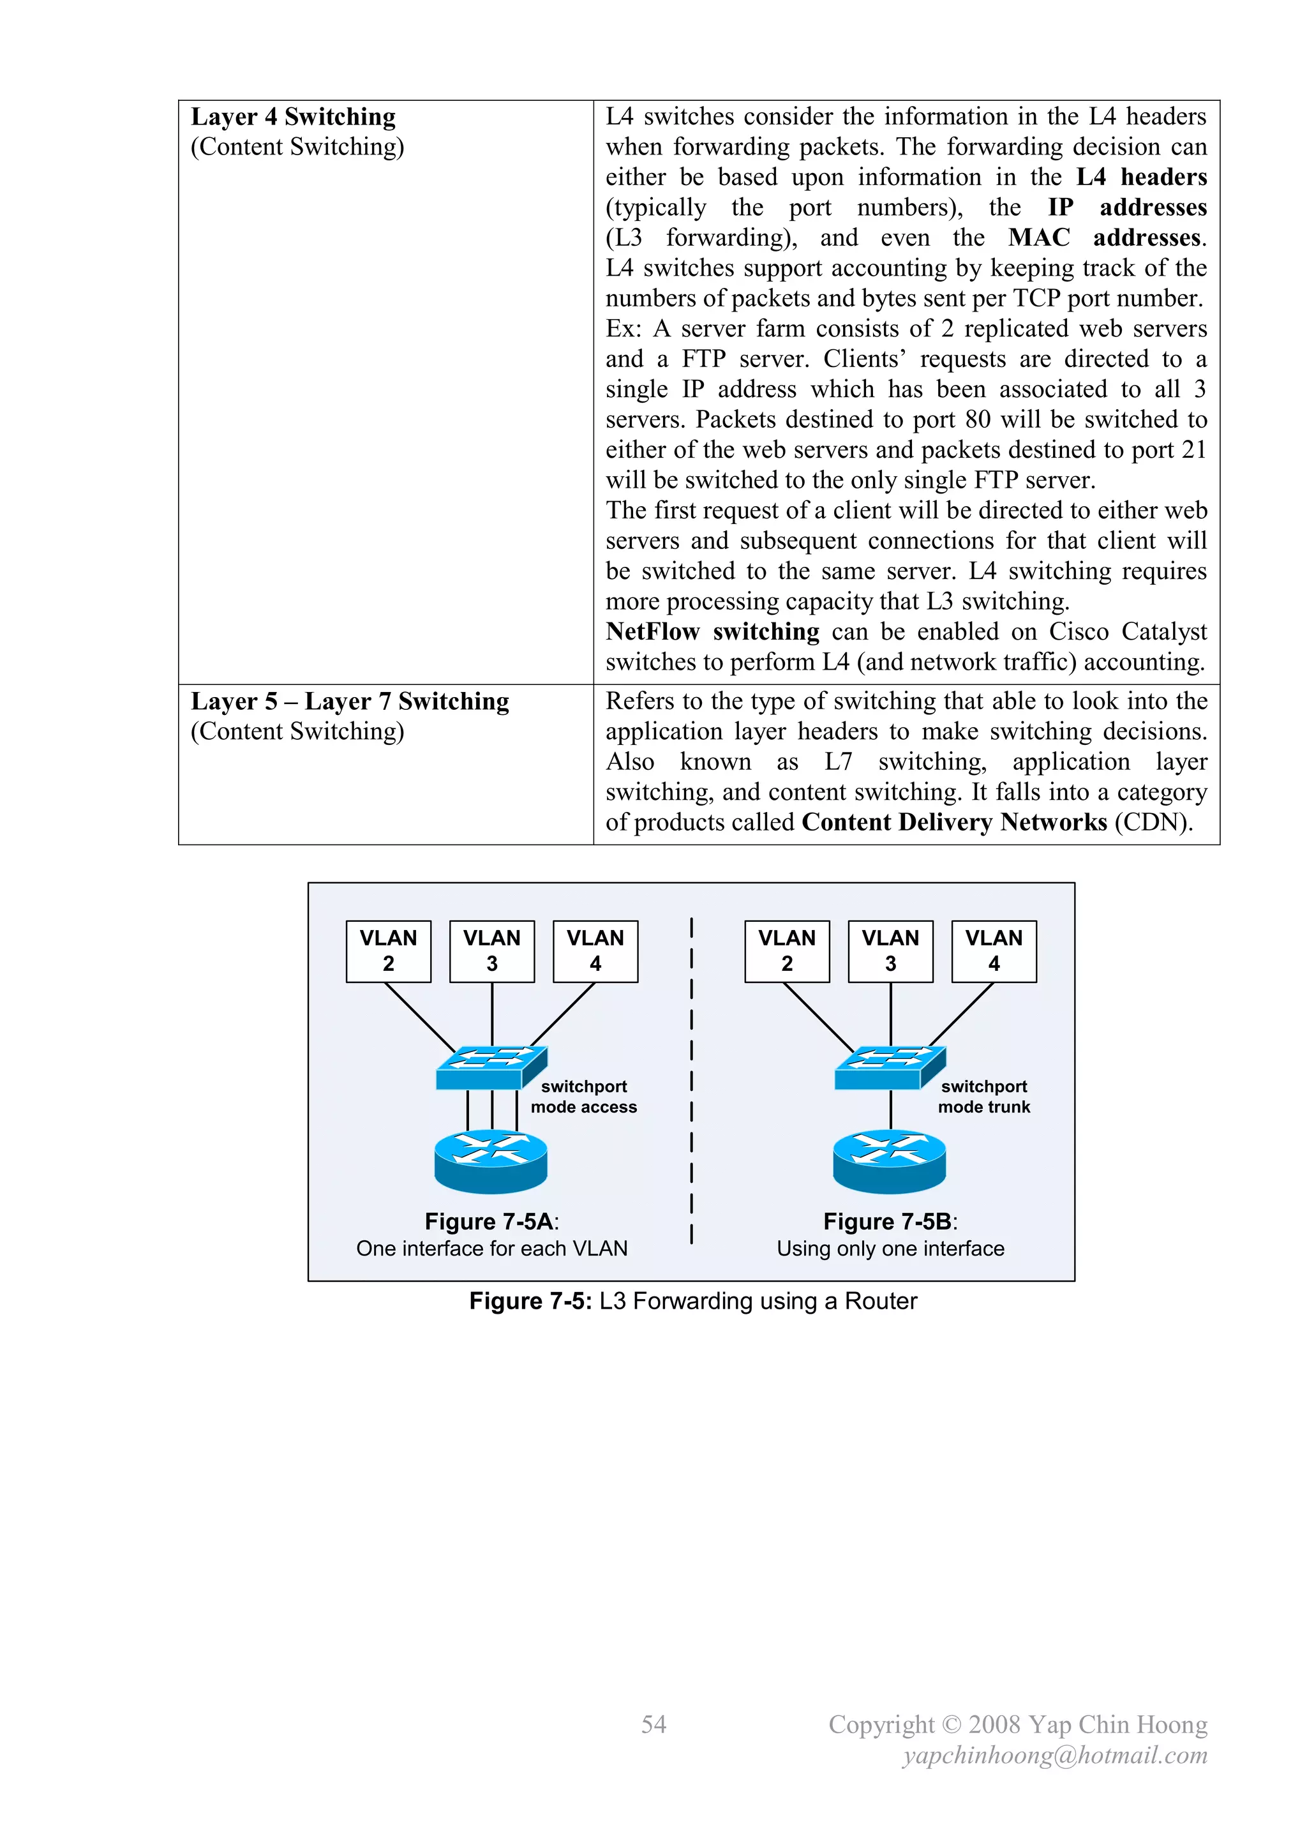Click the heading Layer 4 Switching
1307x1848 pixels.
(x=293, y=117)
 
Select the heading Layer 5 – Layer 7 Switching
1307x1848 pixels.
(x=349, y=701)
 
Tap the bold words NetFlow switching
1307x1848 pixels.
(x=712, y=632)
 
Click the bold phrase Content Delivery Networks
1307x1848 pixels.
(x=955, y=823)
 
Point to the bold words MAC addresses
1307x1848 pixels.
(x=1107, y=238)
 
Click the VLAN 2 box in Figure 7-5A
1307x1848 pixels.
(x=388, y=951)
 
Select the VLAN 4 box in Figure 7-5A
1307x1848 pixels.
(x=595, y=951)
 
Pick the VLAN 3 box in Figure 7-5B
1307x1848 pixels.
(x=890, y=951)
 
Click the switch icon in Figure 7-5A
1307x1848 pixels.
(x=491, y=1068)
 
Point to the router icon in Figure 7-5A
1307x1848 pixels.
(x=491, y=1161)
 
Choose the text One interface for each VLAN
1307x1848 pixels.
(x=492, y=1249)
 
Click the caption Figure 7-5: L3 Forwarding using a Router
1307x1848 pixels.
(x=693, y=1302)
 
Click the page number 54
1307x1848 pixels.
(x=653, y=1724)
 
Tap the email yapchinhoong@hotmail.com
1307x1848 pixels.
(x=1055, y=1755)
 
